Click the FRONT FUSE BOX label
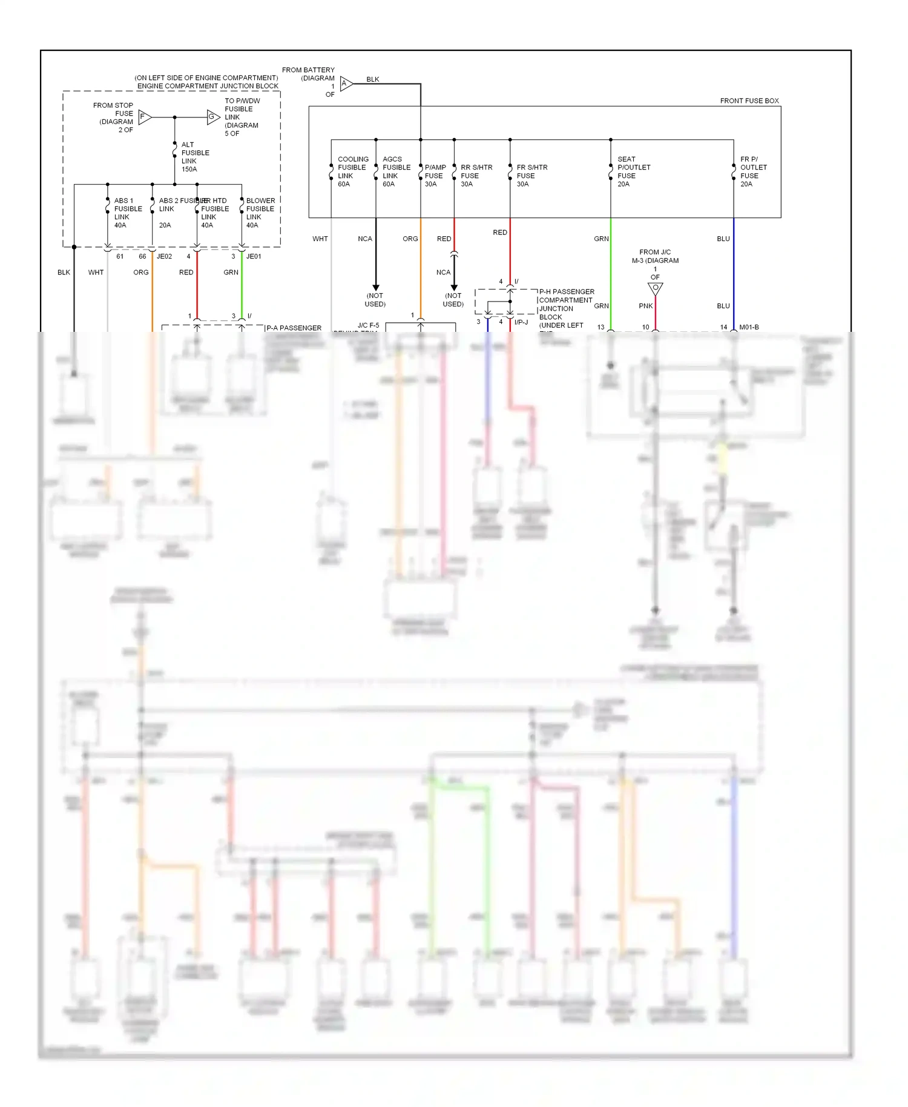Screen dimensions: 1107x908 pos(749,101)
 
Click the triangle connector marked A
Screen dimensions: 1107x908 pos(346,84)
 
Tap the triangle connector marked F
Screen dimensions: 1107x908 pos(145,117)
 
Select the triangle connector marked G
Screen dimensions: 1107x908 pos(213,117)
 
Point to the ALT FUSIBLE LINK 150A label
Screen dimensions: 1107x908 pos(195,157)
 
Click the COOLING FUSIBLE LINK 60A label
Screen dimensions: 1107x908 pos(352,171)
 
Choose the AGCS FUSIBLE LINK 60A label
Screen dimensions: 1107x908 pos(396,171)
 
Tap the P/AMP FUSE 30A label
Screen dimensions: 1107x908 pos(435,176)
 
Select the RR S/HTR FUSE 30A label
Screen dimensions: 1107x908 pos(476,176)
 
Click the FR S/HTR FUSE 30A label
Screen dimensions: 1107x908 pos(531,176)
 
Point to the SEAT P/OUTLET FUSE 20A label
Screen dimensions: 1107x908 pos(633,171)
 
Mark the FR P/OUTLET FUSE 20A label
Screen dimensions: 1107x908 pos(753,171)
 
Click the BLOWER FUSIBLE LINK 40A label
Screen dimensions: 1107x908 pos(260,213)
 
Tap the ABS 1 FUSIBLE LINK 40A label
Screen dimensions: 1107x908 pos(128,213)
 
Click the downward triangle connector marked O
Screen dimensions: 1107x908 pos(655,288)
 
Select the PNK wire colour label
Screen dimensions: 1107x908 pos(645,306)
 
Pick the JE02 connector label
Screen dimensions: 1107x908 pos(164,256)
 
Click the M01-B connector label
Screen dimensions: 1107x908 pos(749,327)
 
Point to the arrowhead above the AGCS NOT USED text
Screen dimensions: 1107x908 pos(376,288)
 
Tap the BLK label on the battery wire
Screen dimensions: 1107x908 pos(373,79)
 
